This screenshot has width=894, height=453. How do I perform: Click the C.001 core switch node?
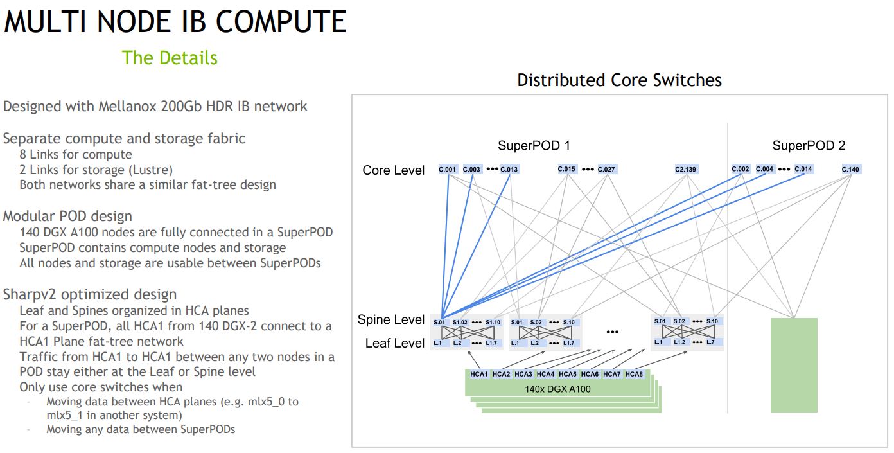click(448, 170)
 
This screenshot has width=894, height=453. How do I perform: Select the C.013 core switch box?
click(509, 170)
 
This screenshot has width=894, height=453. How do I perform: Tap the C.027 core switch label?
click(606, 170)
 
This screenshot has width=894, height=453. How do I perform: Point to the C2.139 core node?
click(686, 170)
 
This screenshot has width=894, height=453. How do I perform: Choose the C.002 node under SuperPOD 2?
click(741, 170)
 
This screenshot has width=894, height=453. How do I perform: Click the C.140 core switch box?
click(851, 170)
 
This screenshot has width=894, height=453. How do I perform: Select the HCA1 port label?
click(479, 374)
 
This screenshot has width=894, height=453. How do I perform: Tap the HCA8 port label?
click(634, 374)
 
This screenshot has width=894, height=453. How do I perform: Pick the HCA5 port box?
click(568, 374)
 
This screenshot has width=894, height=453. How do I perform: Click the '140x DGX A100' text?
click(558, 389)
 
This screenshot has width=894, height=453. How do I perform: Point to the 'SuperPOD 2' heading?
click(809, 146)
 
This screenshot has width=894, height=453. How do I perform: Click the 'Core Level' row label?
click(394, 170)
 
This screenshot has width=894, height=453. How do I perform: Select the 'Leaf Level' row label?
click(395, 343)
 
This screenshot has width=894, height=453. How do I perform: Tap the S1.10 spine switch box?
click(493, 322)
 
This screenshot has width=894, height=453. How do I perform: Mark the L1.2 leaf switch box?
click(680, 342)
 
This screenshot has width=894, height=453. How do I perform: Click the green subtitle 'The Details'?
click(170, 58)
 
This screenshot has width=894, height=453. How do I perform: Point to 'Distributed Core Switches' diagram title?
click(619, 80)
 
